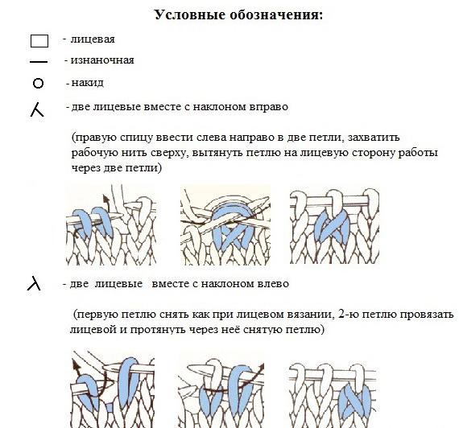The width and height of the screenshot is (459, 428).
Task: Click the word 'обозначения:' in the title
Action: (276, 15)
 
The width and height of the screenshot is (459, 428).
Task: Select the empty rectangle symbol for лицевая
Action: (39, 41)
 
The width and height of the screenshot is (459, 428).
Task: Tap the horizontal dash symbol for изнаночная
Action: (39, 62)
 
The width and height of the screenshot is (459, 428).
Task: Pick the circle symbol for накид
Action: (38, 84)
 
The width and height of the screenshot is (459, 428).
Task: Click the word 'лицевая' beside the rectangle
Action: (93, 39)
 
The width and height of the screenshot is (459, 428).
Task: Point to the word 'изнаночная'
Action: (102, 60)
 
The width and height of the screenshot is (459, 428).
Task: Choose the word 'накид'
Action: (88, 83)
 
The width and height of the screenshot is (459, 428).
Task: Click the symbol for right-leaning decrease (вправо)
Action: (37, 111)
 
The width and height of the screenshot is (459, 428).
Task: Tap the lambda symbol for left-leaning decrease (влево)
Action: (35, 283)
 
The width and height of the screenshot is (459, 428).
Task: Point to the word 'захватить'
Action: (374, 138)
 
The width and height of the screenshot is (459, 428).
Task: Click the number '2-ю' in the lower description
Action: (350, 315)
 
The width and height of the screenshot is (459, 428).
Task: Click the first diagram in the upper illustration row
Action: (111, 225)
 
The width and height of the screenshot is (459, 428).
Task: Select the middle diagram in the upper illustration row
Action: (225, 225)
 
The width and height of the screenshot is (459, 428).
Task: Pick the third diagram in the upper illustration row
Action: (335, 226)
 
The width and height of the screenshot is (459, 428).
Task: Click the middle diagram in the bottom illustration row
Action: (221, 392)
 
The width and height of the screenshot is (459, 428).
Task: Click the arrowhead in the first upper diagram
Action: (105, 199)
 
